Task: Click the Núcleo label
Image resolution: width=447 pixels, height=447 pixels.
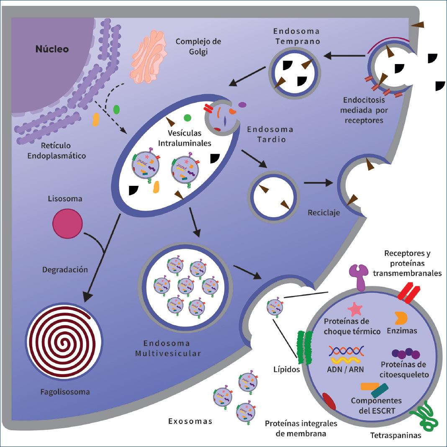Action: pyautogui.click(x=52, y=49)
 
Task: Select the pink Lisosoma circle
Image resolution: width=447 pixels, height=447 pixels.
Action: pyautogui.click(x=67, y=223)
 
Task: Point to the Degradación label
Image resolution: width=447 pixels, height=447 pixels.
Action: pyautogui.click(x=65, y=270)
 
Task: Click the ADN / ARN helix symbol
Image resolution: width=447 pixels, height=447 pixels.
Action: pyautogui.click(x=346, y=355)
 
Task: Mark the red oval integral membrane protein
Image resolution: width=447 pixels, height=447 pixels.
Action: pyautogui.click(x=330, y=401)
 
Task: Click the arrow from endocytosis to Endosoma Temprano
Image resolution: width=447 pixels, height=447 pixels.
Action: pyautogui.click(x=346, y=55)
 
